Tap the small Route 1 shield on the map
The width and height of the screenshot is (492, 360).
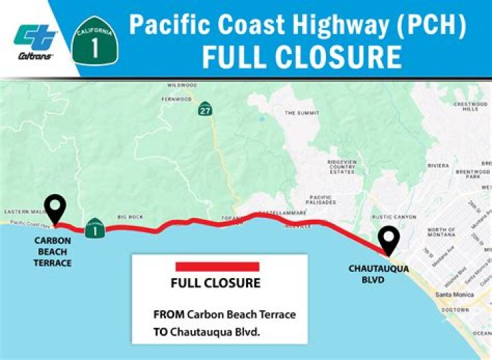tap(95, 230)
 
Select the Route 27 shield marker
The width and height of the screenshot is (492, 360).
tap(206, 109)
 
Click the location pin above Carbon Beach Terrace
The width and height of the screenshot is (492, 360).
tap(55, 207)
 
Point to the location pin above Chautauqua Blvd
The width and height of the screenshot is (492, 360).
tap(389, 240)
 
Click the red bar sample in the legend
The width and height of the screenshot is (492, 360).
tap(217, 266)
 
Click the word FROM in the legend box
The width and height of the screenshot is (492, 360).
tap(167, 314)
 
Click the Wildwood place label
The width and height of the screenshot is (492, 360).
tap(182, 85)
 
